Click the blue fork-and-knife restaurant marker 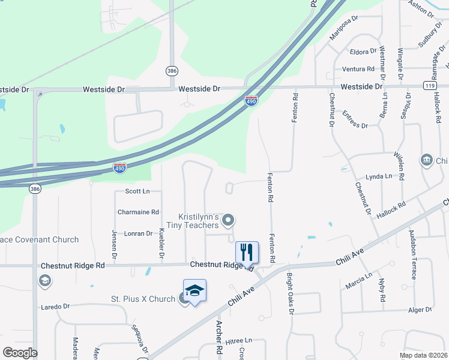tap(247, 252)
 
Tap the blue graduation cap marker tap(194, 291)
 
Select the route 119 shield tap(429, 86)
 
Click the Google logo tap(19, 353)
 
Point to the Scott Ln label tap(137, 191)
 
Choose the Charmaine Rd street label tap(138, 212)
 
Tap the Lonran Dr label tap(139, 233)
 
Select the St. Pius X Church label tap(142, 299)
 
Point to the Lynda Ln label tap(378, 176)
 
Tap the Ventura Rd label tap(358, 69)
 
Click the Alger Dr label tap(420, 310)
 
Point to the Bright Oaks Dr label tap(289, 294)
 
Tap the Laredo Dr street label tap(55, 307)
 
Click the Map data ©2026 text tap(423, 355)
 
